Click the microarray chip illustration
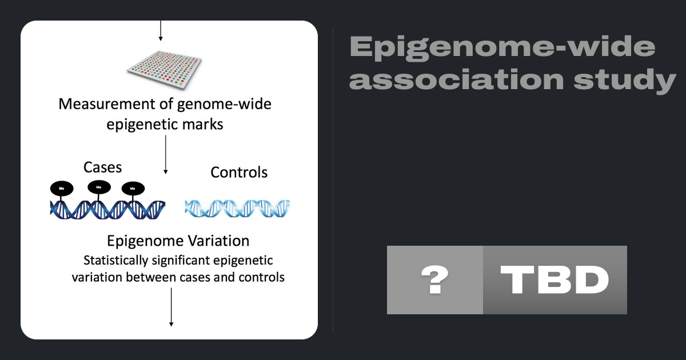click(x=165, y=70)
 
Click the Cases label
click(x=102, y=167)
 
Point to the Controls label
click(x=239, y=173)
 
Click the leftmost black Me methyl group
click(x=62, y=188)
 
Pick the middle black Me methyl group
click(x=99, y=187)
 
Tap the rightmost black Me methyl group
click(x=133, y=189)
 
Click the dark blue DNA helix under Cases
click(x=107, y=210)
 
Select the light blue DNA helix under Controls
click(x=237, y=209)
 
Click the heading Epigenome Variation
click(x=178, y=241)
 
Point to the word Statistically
click(x=115, y=261)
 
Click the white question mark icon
click(x=435, y=280)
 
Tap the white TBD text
click(x=555, y=280)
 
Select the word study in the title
click(x=625, y=80)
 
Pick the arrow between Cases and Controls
click(x=166, y=155)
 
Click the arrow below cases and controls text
click(x=171, y=307)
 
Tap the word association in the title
click(x=456, y=79)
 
